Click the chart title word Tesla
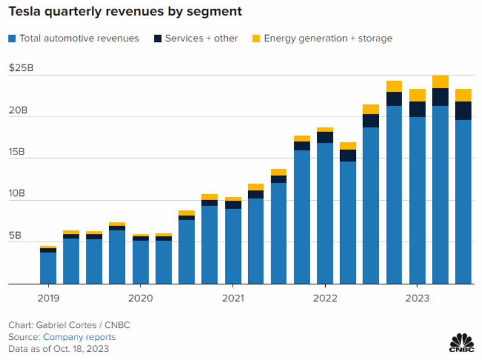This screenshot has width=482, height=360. pos(26,11)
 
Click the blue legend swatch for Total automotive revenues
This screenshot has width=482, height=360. pos(12,38)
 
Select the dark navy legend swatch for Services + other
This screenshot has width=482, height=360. pos(158,38)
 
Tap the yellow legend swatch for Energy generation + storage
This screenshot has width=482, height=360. pos(256,38)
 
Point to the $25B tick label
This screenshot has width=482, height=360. pos(21,69)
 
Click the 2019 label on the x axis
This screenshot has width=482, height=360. pos(48,298)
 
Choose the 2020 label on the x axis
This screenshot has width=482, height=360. pos(141,298)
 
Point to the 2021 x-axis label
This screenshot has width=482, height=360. pos(233,298)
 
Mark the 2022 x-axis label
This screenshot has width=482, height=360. pos(326,298)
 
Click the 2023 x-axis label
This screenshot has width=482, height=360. pos(417,298)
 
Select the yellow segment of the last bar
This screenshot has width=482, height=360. pos(464,95)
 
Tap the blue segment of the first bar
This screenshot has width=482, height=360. pos(48,268)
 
